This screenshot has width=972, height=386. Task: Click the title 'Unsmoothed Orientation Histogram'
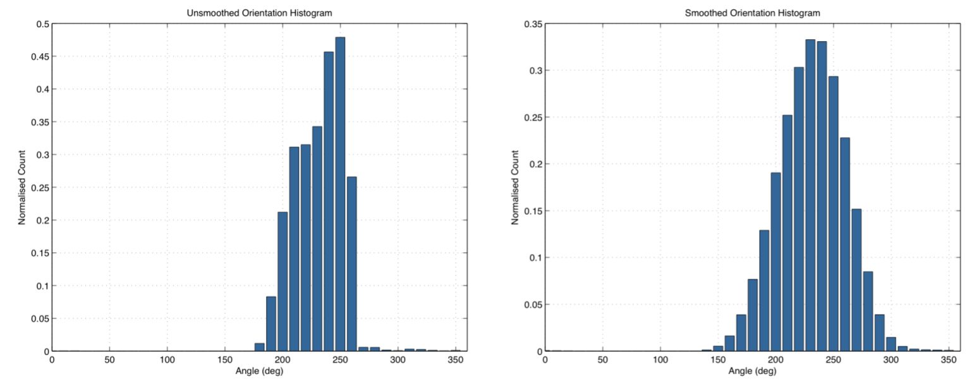tap(259, 13)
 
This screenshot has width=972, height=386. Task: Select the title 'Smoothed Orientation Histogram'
tap(752, 13)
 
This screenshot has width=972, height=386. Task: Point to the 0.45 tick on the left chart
tap(41, 56)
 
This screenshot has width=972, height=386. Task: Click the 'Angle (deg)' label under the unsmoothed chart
tap(260, 370)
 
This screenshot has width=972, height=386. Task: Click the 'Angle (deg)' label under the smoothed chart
tap(753, 370)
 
